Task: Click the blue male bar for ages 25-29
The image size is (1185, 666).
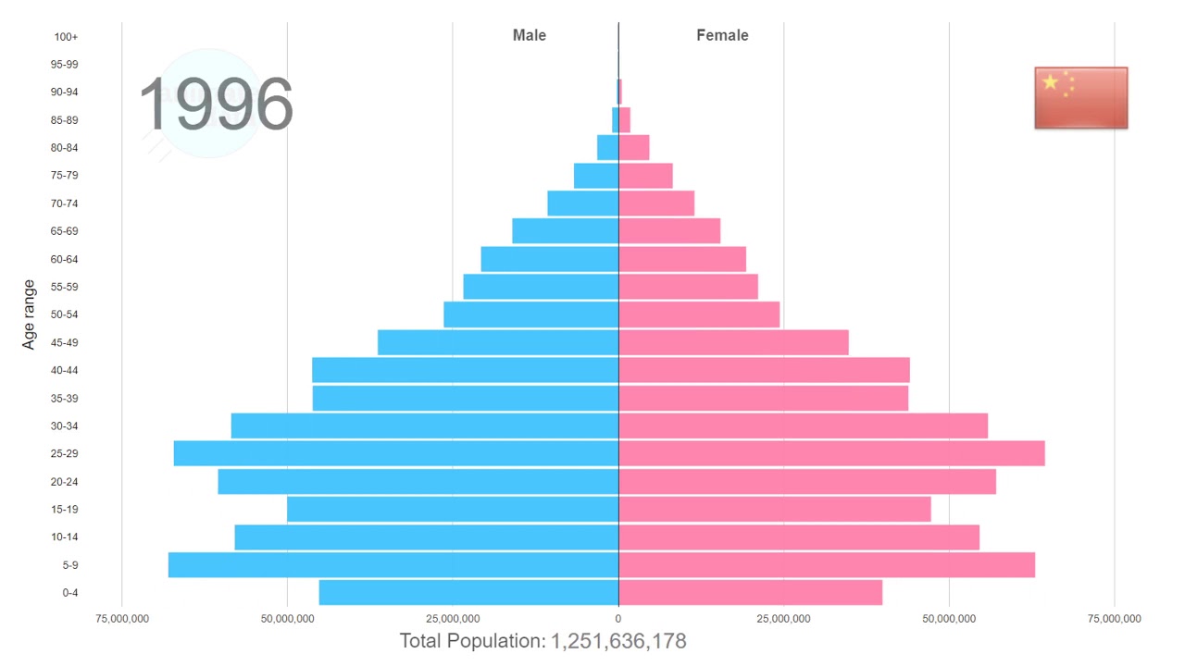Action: [x=395, y=453]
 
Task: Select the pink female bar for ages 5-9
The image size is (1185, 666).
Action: [x=826, y=564]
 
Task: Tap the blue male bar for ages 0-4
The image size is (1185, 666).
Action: [x=468, y=592]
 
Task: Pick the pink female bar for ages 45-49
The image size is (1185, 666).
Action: [x=733, y=342]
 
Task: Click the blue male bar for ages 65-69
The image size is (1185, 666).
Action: [x=565, y=231]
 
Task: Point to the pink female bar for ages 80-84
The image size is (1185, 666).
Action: [x=634, y=148]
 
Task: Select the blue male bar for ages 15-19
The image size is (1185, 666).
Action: [x=453, y=509]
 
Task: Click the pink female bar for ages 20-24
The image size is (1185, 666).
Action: [x=807, y=481]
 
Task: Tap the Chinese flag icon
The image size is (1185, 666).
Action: [x=1080, y=97]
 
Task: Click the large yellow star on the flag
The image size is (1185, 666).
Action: [x=1050, y=82]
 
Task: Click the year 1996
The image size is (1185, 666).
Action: [x=216, y=105]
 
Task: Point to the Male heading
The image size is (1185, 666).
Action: [x=530, y=35]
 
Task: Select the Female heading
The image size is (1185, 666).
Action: [x=722, y=35]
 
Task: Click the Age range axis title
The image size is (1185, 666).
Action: [x=29, y=314]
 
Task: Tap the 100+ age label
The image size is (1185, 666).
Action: [x=66, y=37]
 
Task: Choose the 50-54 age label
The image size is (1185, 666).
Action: [x=64, y=314]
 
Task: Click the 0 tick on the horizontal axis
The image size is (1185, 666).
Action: [x=618, y=619]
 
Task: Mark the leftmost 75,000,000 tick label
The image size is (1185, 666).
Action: [x=122, y=619]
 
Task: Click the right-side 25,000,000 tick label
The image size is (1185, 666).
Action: [x=783, y=619]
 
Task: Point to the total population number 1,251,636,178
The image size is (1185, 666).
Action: [x=618, y=641]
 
